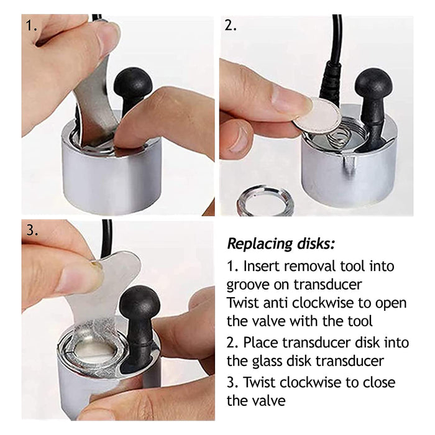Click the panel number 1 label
(x=31, y=26)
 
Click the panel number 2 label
(x=231, y=26)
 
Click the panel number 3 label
(x=32, y=230)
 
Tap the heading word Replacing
(x=260, y=244)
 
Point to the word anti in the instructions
(x=275, y=303)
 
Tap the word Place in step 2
(x=261, y=342)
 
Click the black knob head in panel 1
(x=133, y=82)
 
